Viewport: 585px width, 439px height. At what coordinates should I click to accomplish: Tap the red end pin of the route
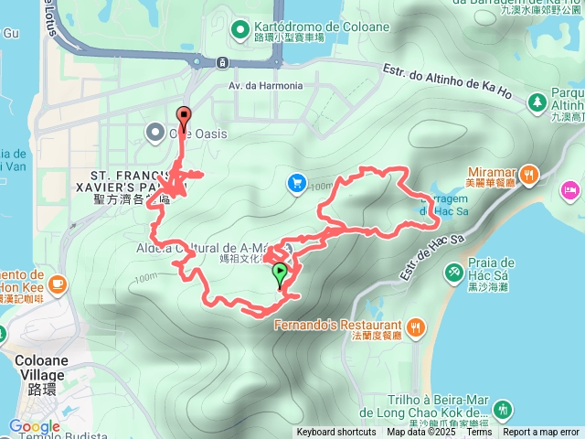pyautogui.click(x=184, y=117)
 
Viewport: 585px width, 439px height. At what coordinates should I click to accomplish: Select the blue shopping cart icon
pyautogui.click(x=296, y=184)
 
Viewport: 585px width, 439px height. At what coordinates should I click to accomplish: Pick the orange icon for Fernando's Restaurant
pyautogui.click(x=416, y=326)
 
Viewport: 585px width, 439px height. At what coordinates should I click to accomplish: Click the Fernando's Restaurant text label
pyautogui.click(x=338, y=326)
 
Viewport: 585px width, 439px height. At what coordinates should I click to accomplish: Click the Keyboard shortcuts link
pyautogui.click(x=335, y=433)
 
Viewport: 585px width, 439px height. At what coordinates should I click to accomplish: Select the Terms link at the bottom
pyautogui.click(x=479, y=433)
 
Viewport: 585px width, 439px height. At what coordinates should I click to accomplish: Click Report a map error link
pyautogui.click(x=542, y=433)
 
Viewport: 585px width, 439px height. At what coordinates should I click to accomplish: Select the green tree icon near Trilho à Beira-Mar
pyautogui.click(x=501, y=409)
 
